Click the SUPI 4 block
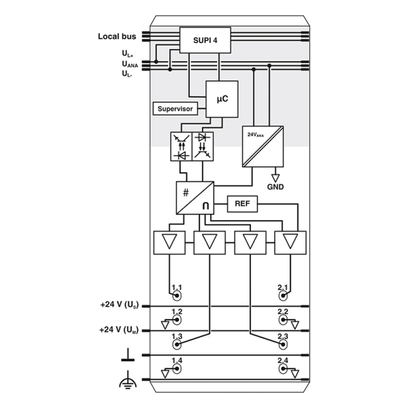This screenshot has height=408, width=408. [x=205, y=40]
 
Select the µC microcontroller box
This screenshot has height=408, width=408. [x=222, y=99]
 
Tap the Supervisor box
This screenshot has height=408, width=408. [x=175, y=109]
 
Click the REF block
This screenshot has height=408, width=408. [x=242, y=204]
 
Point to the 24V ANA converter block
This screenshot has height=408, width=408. [x=262, y=146]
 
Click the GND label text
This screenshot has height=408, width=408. [x=275, y=187]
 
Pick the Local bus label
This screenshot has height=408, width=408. [x=117, y=37]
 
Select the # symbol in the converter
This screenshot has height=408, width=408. [x=186, y=193]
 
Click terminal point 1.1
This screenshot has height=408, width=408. [x=177, y=296]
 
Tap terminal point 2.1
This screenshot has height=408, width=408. [x=283, y=296]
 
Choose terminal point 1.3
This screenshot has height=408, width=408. [x=177, y=344]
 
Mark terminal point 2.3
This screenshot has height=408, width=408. [x=283, y=344]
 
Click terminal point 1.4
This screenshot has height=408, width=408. [x=177, y=369]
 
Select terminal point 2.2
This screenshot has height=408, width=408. [x=283, y=320]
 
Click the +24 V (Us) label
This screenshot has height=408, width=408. [x=120, y=305]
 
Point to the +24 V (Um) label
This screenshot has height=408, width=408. [x=118, y=330]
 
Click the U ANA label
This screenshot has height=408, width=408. [x=130, y=64]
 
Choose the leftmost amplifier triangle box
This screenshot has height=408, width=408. [x=169, y=243]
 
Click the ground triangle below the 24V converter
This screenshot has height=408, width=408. [x=275, y=178]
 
